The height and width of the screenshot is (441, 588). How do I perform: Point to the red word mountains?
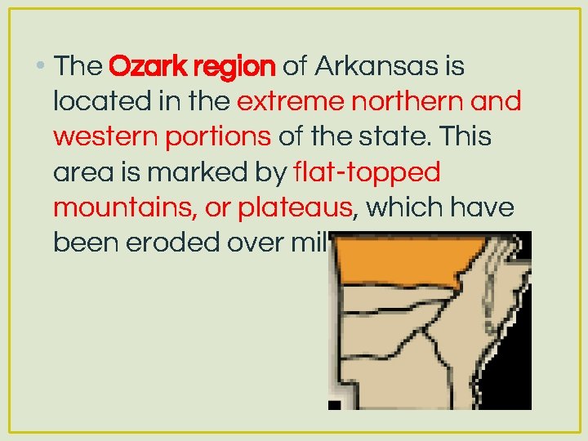click(x=122, y=208)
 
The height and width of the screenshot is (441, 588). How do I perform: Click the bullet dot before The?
click(x=41, y=66)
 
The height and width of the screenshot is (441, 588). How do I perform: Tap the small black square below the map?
click(x=334, y=404)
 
